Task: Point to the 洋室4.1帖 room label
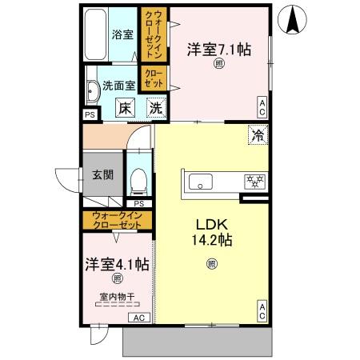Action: coord(117,263)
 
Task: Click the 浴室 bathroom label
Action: coord(122,34)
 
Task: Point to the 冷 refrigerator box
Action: coord(258,135)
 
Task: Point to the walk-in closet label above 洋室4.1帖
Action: coord(117,219)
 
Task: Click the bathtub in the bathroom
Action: coord(95,36)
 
